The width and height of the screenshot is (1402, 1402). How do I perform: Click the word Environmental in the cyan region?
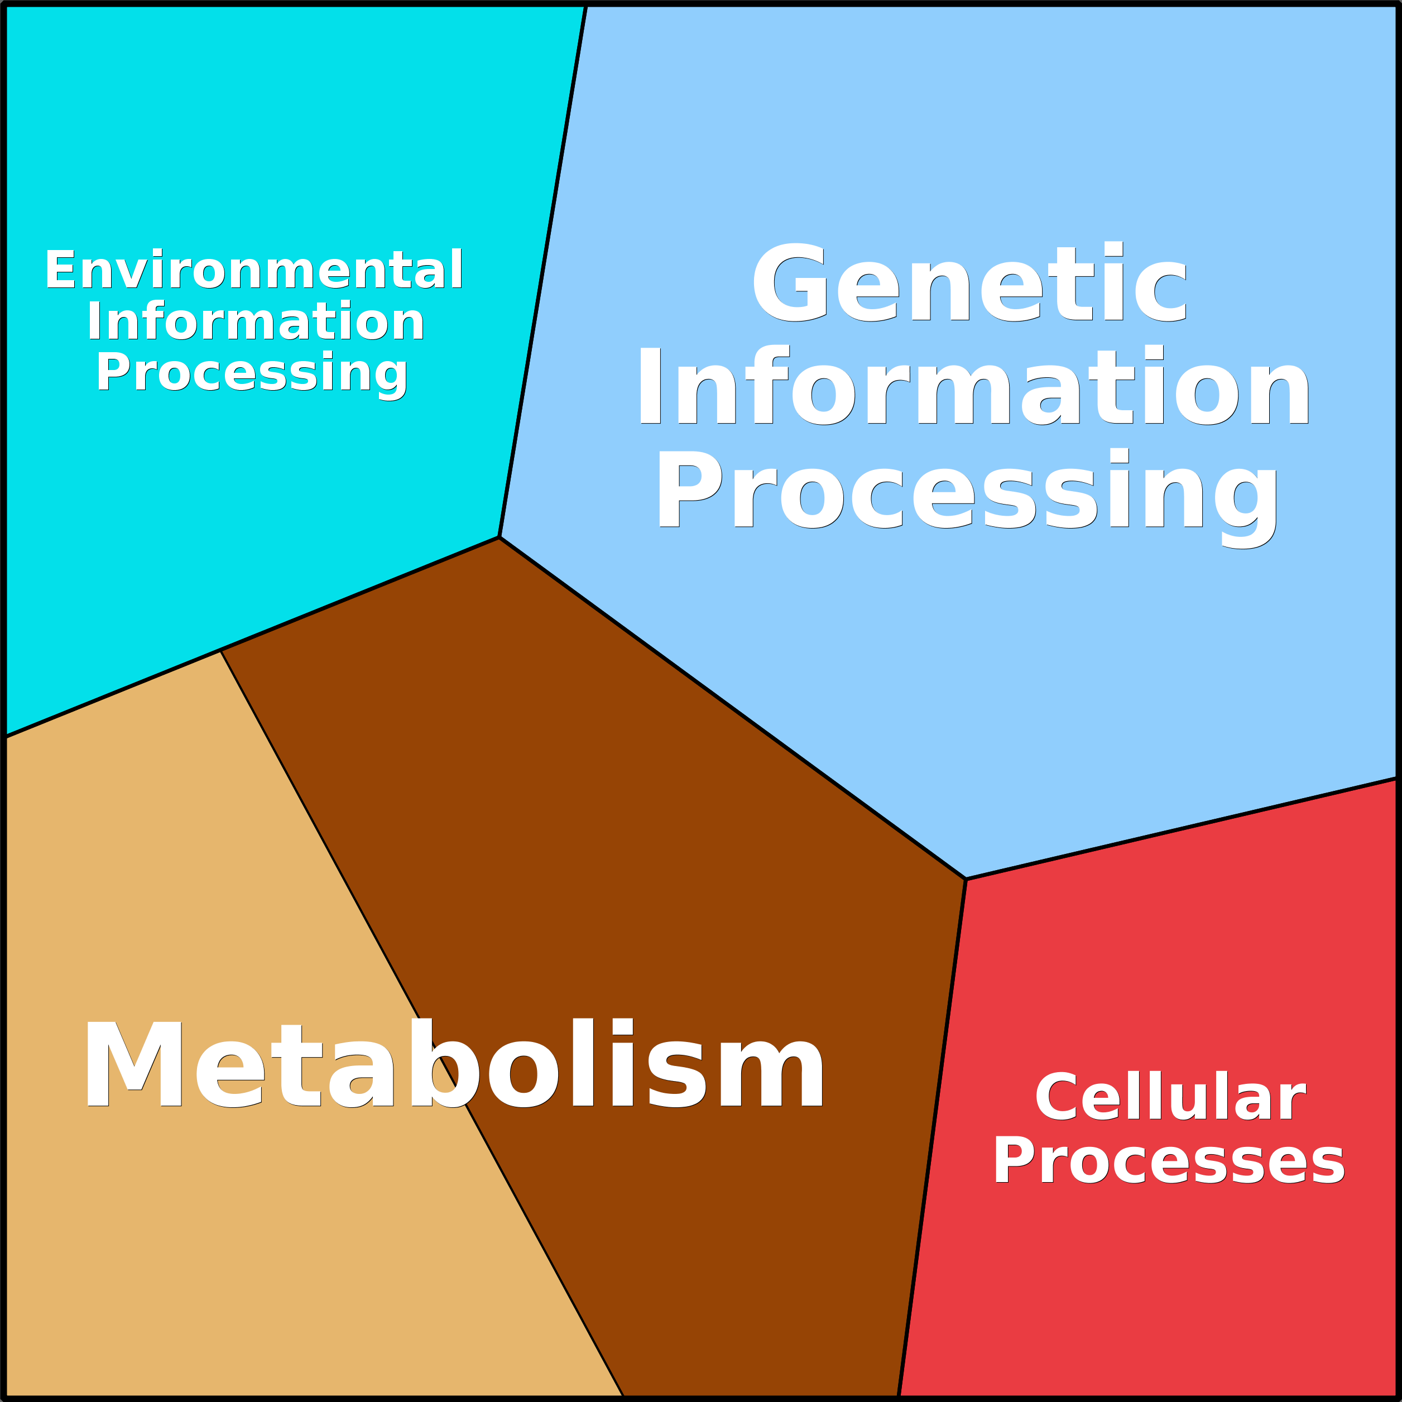tap(254, 269)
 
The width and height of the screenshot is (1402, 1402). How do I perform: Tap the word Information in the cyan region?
tap(256, 321)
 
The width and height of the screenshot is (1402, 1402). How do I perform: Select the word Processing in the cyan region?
tap(252, 372)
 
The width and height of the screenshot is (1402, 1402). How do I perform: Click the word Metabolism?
tap(454, 1064)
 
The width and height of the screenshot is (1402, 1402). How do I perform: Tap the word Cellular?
tap(1170, 1097)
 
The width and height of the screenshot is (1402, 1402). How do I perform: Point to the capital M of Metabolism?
tap(133, 1064)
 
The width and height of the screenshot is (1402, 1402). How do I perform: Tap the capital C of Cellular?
tap(1057, 1097)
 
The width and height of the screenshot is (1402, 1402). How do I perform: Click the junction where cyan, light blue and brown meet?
tap(500, 537)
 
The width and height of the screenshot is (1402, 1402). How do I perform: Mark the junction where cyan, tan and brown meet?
tap(220, 650)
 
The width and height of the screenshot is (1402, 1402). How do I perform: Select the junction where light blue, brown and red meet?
tap(966, 879)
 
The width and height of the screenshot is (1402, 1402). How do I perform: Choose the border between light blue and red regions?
tap(1183, 829)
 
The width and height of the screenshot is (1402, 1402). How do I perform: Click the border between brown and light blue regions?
tap(733, 708)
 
